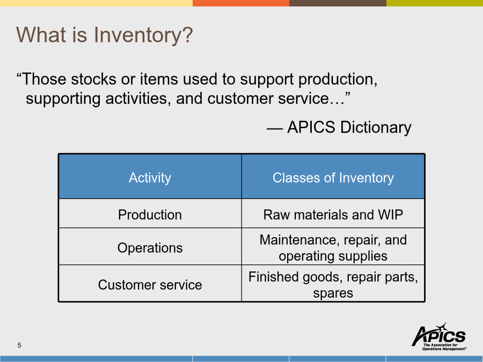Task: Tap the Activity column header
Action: tap(150, 176)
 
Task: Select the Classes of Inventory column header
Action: tap(333, 176)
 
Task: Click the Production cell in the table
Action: tap(150, 213)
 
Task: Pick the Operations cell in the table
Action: tap(150, 247)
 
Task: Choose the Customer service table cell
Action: tap(150, 283)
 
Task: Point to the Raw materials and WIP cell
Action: tap(333, 213)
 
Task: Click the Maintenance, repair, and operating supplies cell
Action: tap(333, 247)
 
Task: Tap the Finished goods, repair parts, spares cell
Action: tap(333, 283)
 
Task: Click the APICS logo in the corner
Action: tap(439, 336)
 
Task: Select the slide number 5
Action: tap(19, 345)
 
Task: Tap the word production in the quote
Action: tap(338, 80)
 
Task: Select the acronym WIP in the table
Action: tap(391, 215)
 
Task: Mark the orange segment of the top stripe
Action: tap(241, 3)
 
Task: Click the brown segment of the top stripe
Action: tap(338, 3)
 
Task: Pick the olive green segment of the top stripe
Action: tap(435, 3)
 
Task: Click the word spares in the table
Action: tap(333, 293)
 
